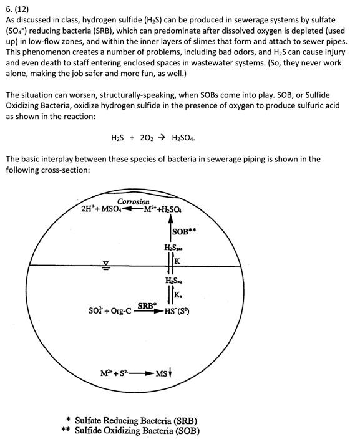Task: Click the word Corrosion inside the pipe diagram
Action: (x=134, y=201)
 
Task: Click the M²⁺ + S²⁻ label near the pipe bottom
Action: (x=115, y=373)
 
